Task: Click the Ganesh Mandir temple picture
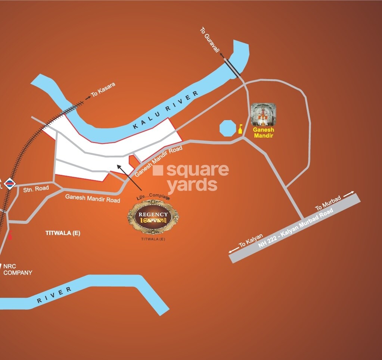263,115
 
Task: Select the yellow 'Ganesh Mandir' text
264,132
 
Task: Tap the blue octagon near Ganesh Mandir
227,128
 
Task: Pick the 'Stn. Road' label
36,189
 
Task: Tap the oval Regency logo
153,217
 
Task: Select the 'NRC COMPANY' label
18,269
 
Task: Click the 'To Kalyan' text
251,240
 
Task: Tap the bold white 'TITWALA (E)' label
63,233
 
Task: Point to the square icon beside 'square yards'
158,170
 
